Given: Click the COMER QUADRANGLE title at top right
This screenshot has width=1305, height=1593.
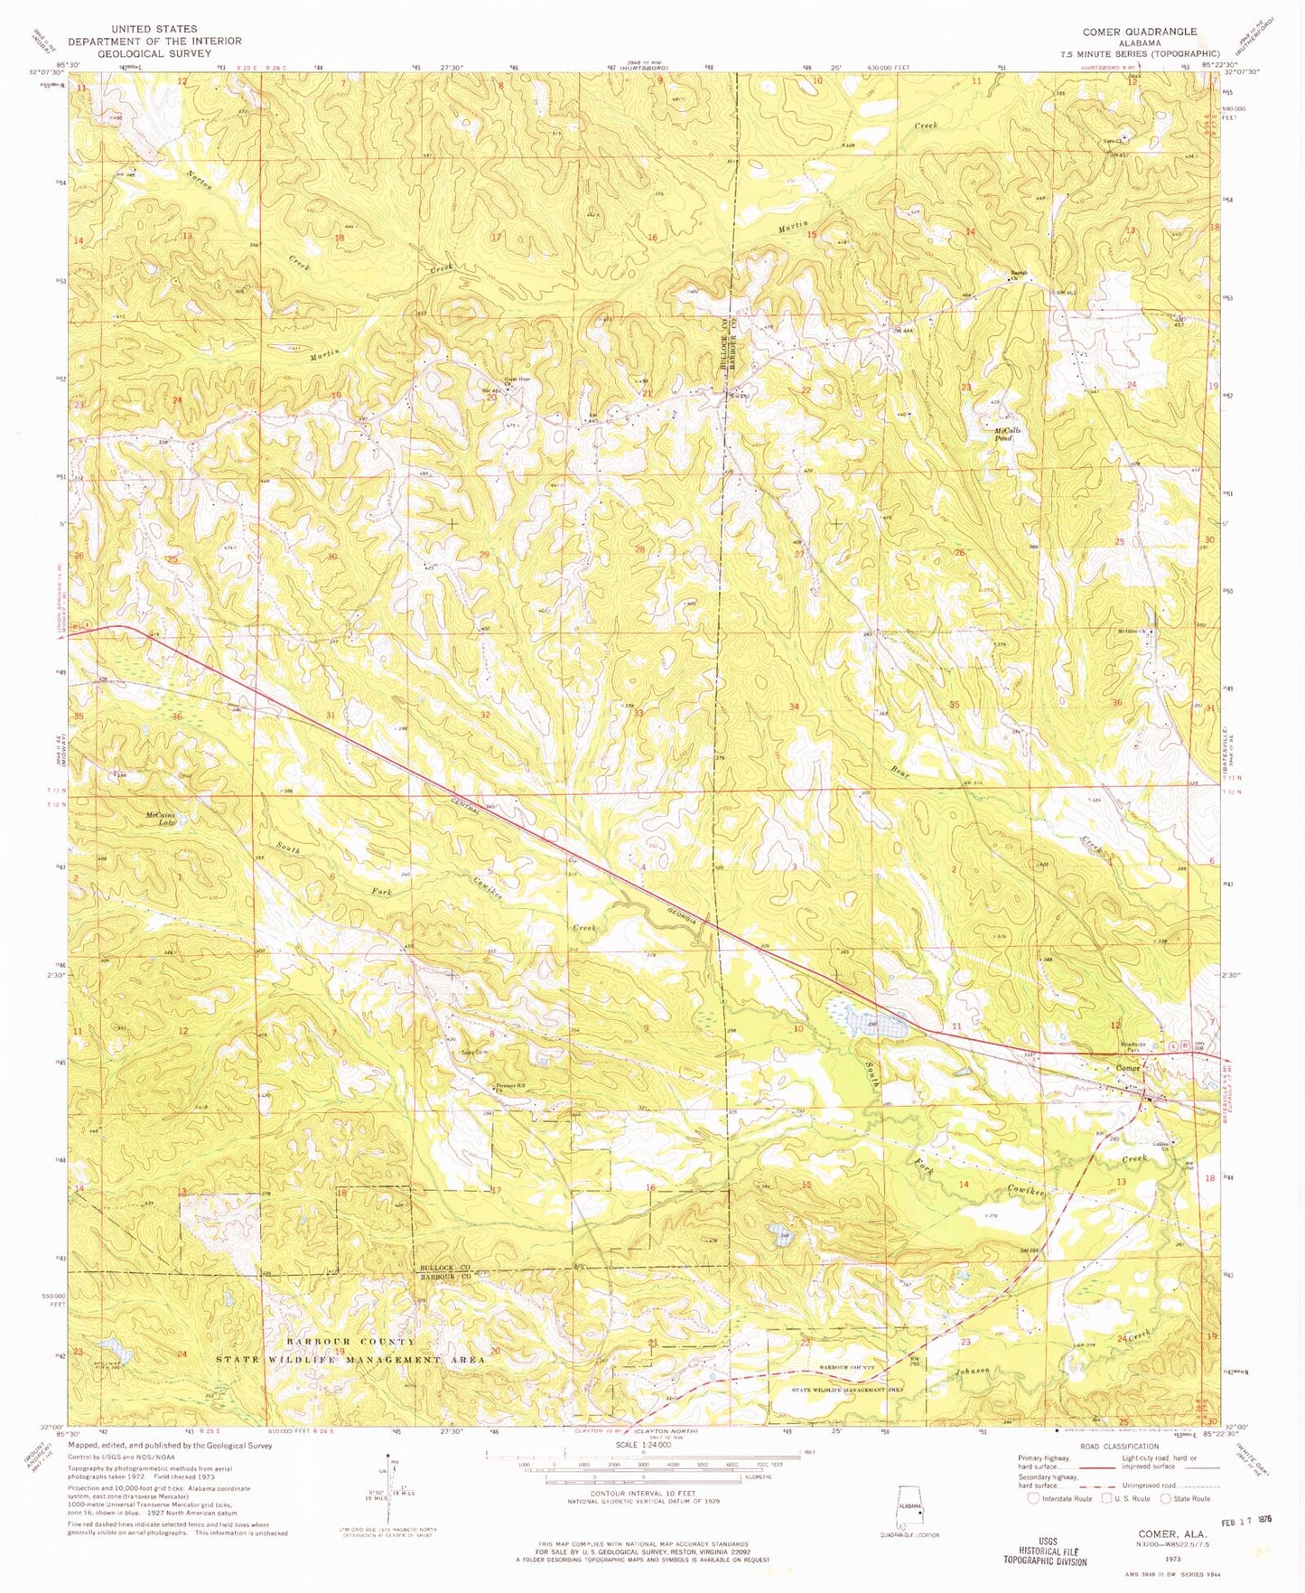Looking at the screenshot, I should [1140, 31].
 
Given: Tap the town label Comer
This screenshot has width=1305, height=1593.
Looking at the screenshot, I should [1128, 1068].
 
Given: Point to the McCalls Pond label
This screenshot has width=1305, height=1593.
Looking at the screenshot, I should [1007, 433].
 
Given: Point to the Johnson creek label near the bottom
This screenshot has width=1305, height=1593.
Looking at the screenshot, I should [968, 1370].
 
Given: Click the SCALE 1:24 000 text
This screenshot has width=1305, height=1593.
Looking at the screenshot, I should [642, 1444].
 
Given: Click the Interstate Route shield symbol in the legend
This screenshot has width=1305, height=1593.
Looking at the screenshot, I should [1033, 1498].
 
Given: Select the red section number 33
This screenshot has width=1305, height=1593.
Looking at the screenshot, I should [639, 713].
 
